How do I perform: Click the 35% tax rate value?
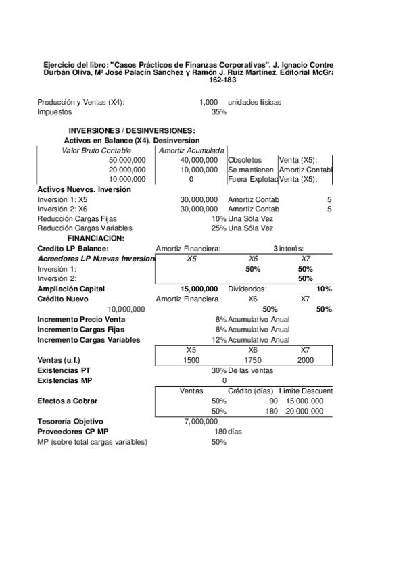(218, 112)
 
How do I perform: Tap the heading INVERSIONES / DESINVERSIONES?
(131, 130)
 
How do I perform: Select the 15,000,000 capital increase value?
(199, 289)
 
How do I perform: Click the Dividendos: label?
(247, 289)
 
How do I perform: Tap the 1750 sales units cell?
(253, 360)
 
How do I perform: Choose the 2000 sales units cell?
(305, 360)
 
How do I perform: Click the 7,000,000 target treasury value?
(201, 422)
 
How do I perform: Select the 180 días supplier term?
(229, 431)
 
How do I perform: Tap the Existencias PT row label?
(63, 370)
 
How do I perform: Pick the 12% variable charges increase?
(218, 339)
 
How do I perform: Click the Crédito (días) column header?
(250, 391)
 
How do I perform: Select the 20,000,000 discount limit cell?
(305, 411)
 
